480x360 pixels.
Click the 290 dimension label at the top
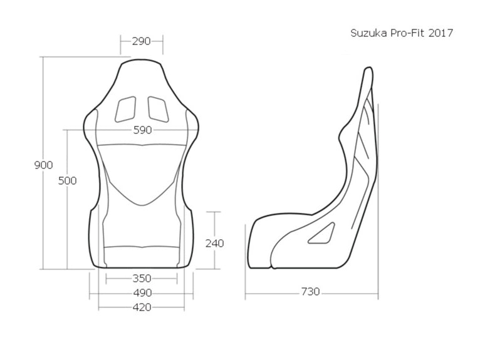[142, 41]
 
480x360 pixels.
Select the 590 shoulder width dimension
[142, 130]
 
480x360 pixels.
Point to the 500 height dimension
[67, 180]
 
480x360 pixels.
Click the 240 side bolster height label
[214, 243]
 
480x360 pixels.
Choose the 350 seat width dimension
[142, 278]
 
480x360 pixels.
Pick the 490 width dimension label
[142, 292]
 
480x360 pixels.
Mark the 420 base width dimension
[142, 307]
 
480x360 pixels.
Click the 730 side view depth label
[310, 291]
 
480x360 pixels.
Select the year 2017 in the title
[441, 33]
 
